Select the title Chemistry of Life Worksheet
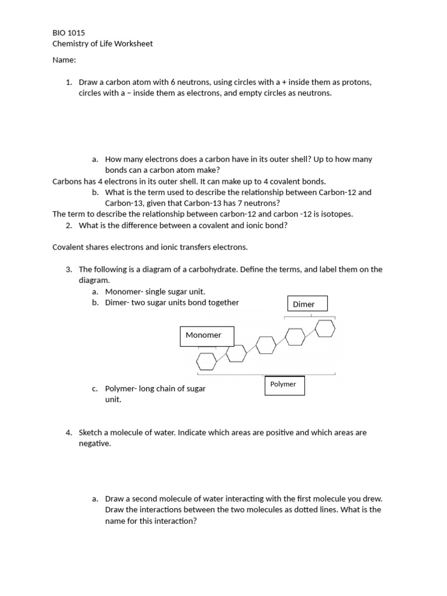tap(102, 44)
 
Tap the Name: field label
tap(64, 60)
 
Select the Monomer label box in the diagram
tap(207, 336)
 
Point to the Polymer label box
tap(285, 385)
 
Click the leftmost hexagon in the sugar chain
tap(206, 361)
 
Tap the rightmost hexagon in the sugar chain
tap(325, 328)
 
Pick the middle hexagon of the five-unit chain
tap(266, 345)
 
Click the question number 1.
tap(69, 82)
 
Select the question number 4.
tap(69, 432)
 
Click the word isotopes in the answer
tap(334, 214)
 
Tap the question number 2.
tap(69, 225)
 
